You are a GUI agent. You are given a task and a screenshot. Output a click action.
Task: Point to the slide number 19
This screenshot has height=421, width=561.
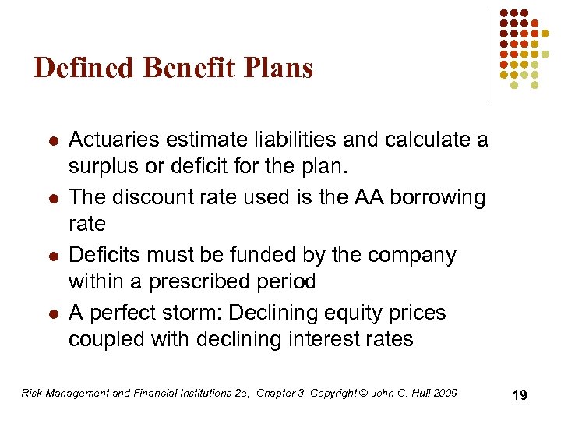pyautogui.click(x=519, y=395)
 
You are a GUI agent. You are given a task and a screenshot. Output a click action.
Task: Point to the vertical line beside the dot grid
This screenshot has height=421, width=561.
pyautogui.click(x=489, y=55)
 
